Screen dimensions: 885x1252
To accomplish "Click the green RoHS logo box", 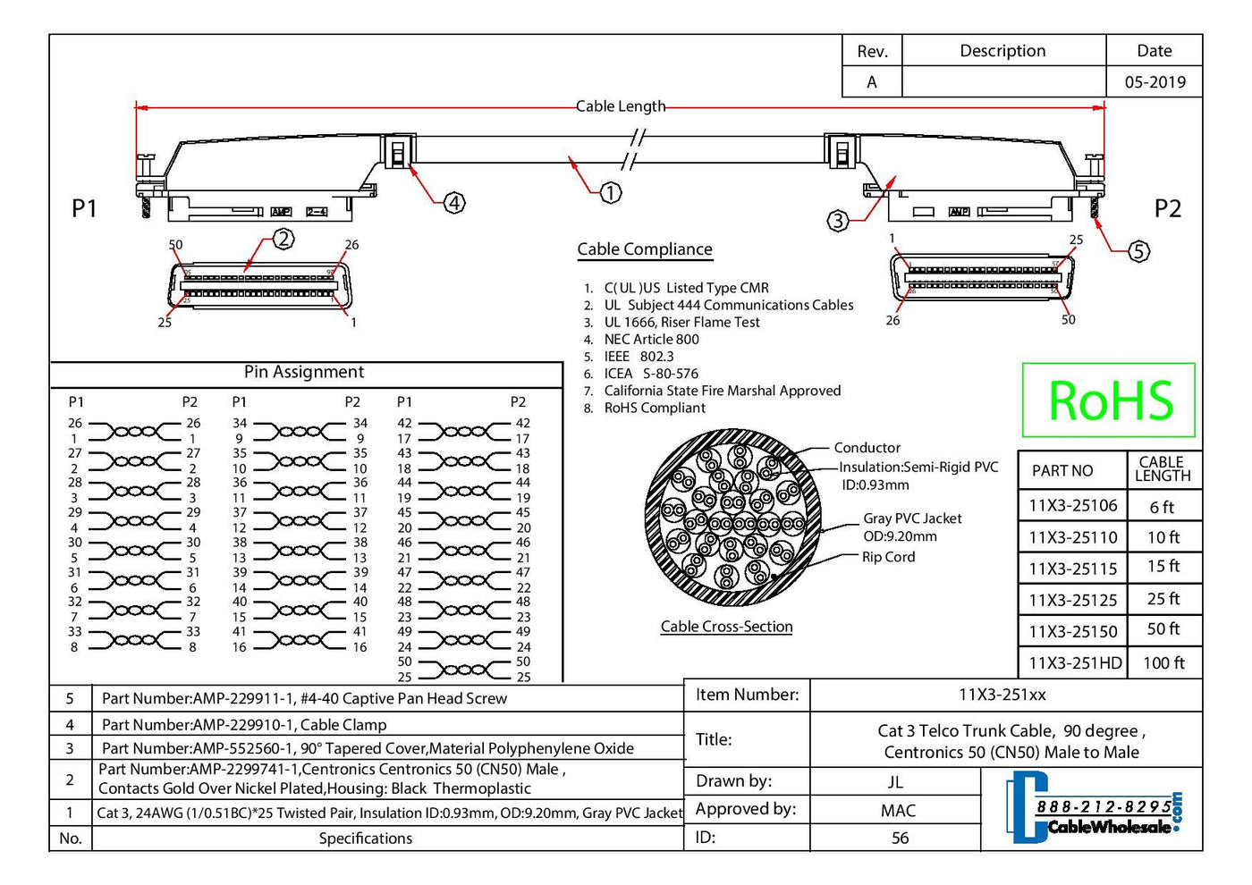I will pos(1108,400).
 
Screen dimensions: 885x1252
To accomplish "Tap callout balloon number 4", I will pos(455,203).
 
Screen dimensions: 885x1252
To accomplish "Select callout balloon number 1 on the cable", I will pos(610,192).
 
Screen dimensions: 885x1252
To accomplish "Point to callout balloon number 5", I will pos(1138,251).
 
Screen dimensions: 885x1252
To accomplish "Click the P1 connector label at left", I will pos(84,208).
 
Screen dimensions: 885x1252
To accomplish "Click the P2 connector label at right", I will pos(1167,208).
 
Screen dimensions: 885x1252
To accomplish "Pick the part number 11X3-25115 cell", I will pos(1072,568).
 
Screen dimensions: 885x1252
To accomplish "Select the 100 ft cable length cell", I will pos(1163,662).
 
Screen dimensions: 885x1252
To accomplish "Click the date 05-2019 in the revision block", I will pos(1155,82).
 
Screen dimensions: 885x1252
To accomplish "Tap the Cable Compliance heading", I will pos(645,249).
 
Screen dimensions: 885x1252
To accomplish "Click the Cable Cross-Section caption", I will pos(726,627).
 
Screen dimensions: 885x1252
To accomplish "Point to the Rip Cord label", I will pos(888,557).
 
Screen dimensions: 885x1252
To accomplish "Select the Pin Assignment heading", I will pos(304,372).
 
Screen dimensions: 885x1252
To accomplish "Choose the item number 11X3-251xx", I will pos(1002,695).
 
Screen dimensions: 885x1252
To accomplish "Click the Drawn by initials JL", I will pos(895,782).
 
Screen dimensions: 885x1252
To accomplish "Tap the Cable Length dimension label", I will pos(621,106).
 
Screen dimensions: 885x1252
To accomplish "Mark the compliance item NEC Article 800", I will pos(651,340).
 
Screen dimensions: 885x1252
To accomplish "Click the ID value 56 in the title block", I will pos(900,838).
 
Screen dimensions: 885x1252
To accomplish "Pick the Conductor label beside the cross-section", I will pos(867,448).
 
